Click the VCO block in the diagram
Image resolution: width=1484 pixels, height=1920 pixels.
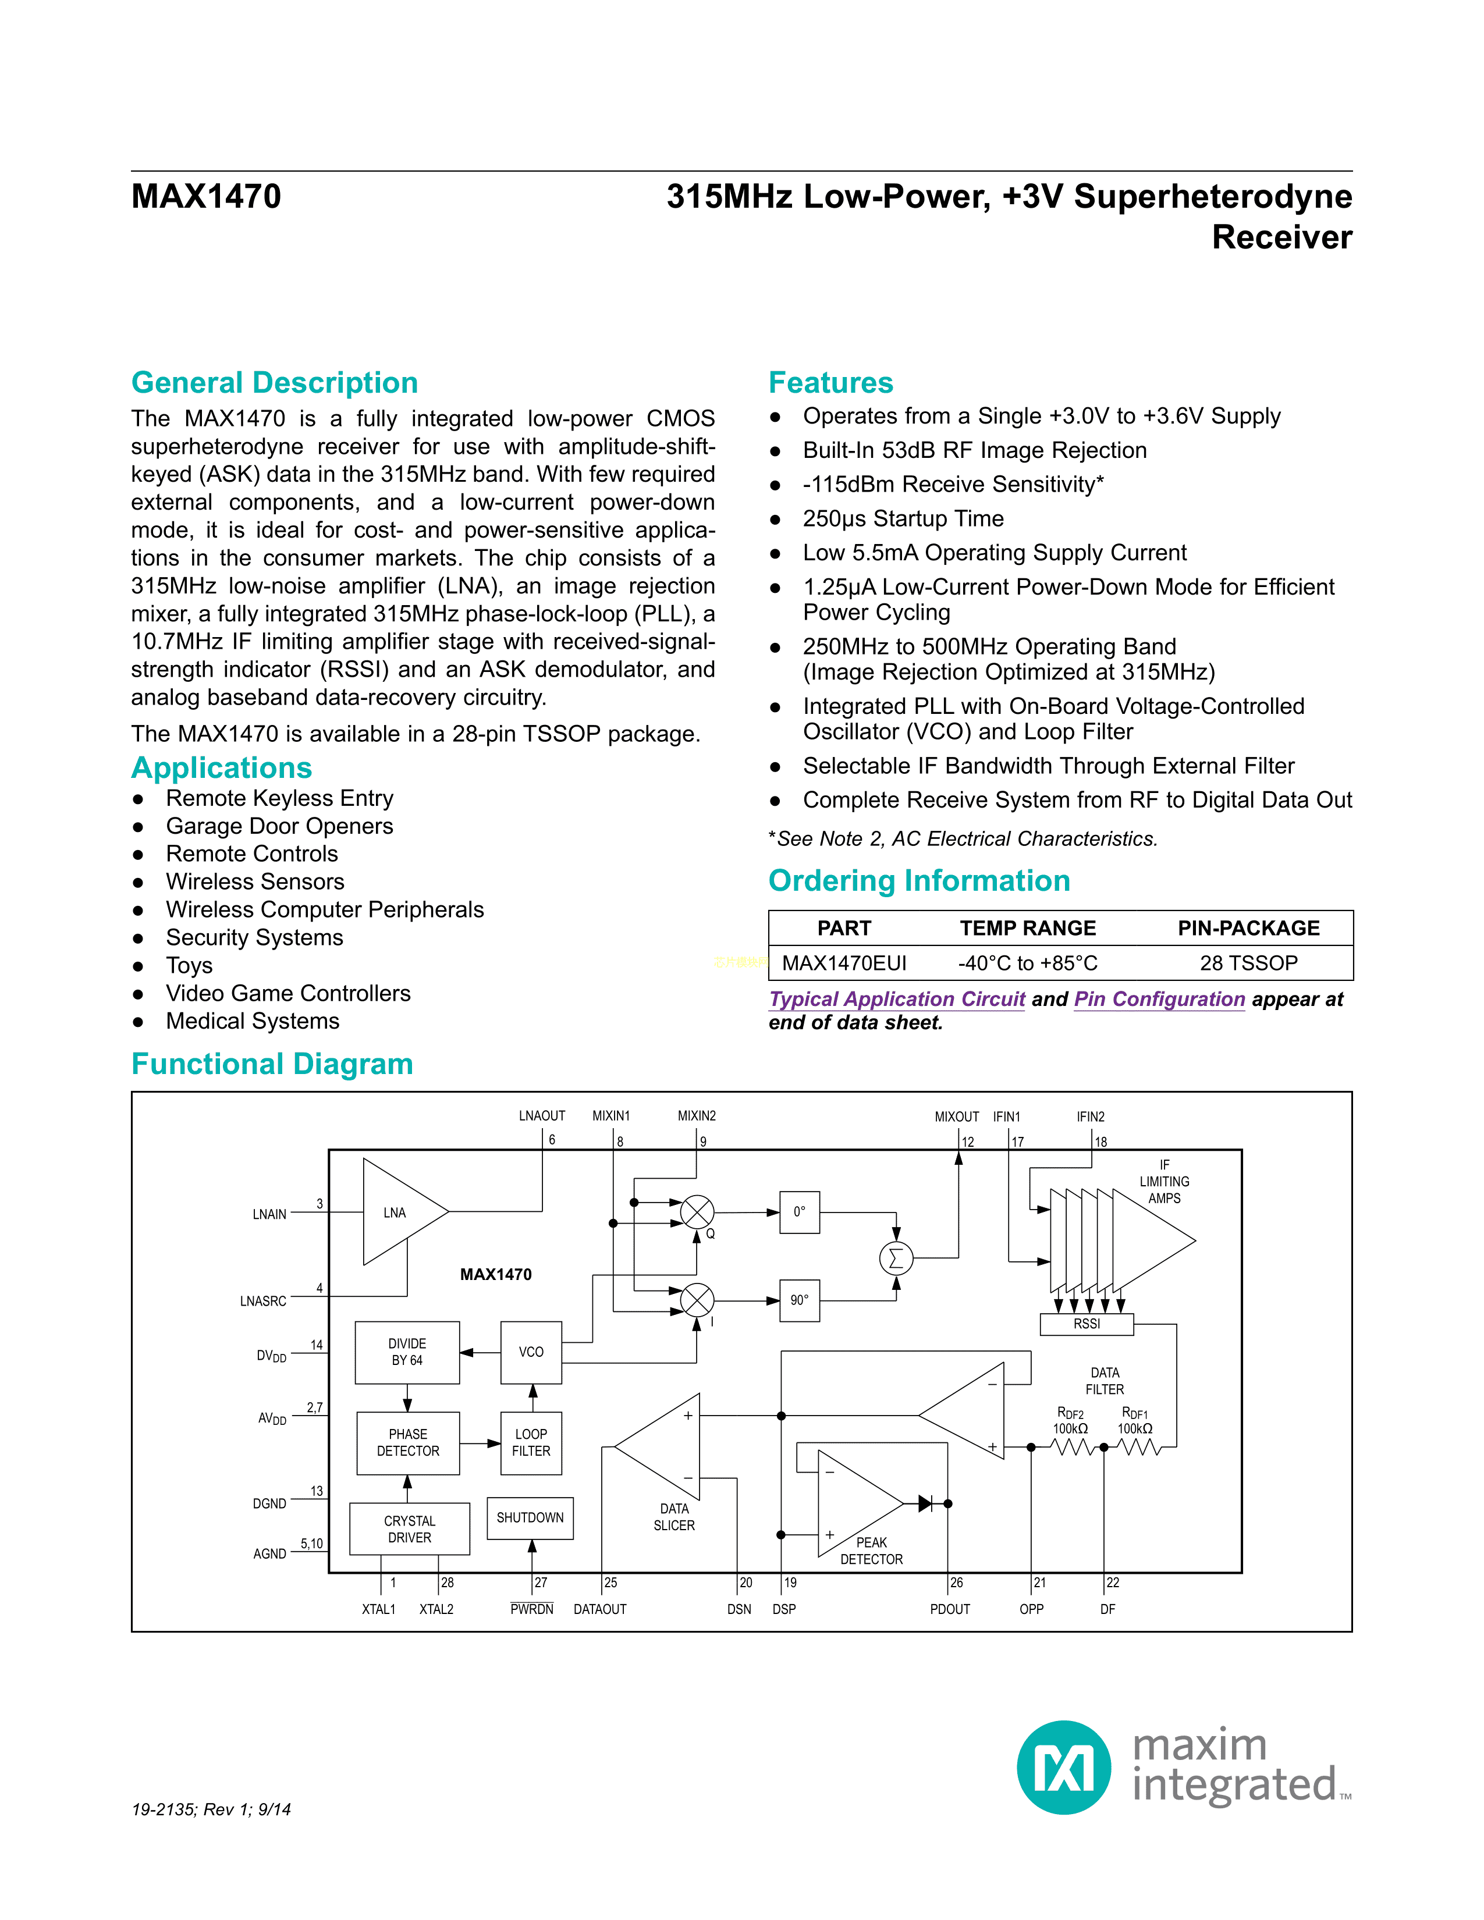531,1352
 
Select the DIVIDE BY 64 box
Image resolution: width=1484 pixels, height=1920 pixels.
407,1352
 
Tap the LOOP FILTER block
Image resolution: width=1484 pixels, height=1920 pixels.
531,1443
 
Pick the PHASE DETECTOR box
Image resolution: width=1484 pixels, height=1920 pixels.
408,1443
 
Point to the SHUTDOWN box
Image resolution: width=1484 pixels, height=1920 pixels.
530,1518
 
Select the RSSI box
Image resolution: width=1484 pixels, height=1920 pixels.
1087,1324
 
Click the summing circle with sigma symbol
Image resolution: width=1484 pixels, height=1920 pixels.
896,1258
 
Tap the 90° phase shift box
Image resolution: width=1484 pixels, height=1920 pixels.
799,1300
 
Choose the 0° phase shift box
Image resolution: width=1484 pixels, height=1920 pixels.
799,1213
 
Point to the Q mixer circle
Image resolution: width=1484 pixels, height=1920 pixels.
697,1213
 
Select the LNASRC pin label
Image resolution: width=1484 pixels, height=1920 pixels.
263,1301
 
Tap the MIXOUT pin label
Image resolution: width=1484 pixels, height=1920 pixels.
957,1117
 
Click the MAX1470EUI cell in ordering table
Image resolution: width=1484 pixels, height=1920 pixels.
844,963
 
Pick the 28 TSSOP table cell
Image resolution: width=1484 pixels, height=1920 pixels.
1248,963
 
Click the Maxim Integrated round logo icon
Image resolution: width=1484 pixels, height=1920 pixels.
1064,1767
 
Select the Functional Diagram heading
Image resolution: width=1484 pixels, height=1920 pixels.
272,1064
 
